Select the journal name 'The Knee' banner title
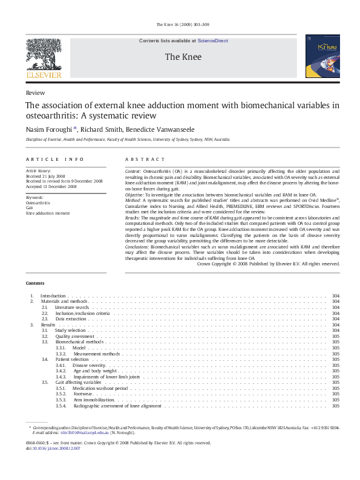179,57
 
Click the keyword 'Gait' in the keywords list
30,208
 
